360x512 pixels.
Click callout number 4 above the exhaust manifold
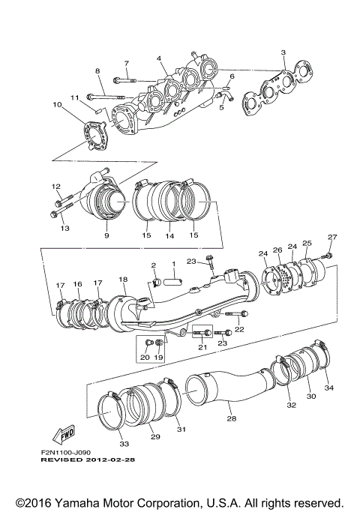tap(159, 58)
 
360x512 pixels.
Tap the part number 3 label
tap(283, 52)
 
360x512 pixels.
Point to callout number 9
tap(106, 235)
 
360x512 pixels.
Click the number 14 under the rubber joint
tap(169, 235)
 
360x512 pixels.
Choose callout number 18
tap(123, 279)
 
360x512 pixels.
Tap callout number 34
tap(328, 388)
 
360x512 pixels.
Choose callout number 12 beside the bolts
tap(55, 186)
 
